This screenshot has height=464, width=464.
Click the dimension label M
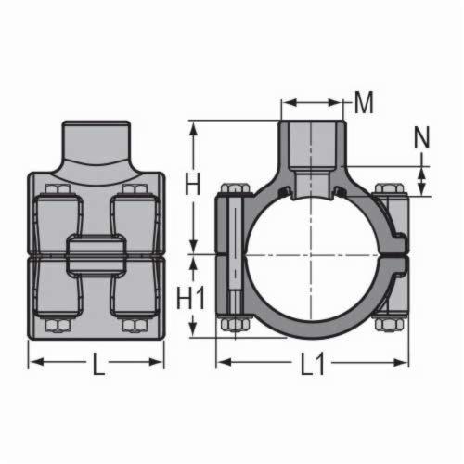pos(365,103)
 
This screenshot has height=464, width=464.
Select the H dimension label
pos(192,185)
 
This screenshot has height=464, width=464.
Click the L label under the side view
pos(98,366)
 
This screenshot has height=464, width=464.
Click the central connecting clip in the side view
pos(97,252)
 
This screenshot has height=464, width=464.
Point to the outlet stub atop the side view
pos(97,144)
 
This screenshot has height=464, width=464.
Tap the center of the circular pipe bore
pos(313,251)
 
